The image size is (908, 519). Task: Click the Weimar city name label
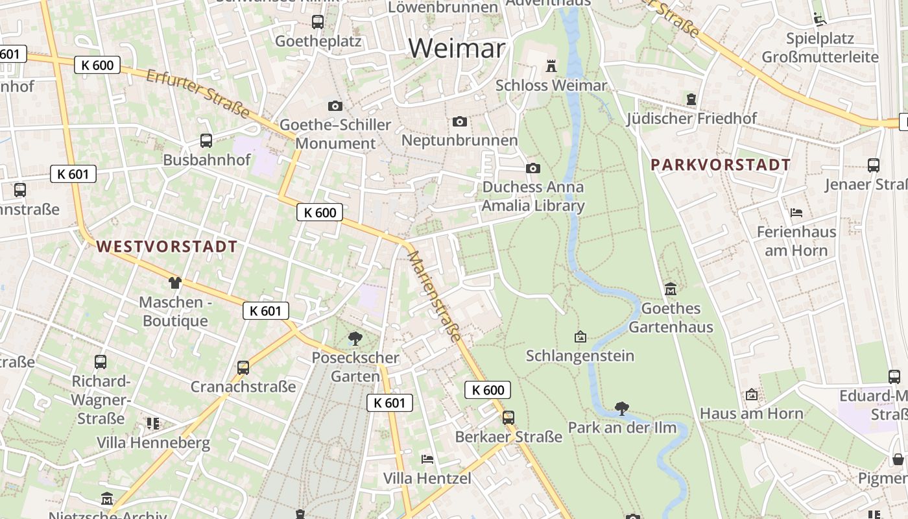[x=457, y=48]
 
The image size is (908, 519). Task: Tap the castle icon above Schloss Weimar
[x=551, y=66]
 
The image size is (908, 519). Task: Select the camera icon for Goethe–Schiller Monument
[x=335, y=106]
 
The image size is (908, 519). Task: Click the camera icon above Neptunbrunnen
[x=460, y=121]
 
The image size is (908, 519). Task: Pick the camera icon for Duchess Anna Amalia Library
[x=533, y=168]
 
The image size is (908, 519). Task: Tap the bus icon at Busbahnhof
[x=206, y=140]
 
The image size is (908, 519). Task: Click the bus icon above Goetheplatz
[x=318, y=22]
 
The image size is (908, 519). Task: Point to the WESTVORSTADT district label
[x=167, y=247]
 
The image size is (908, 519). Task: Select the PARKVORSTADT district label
[x=721, y=165]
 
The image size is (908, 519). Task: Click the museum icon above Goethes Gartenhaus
[x=671, y=289]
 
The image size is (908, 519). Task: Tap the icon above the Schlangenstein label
[x=580, y=337]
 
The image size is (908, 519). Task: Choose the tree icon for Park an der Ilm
[x=622, y=408]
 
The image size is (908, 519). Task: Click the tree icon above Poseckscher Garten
[x=355, y=338]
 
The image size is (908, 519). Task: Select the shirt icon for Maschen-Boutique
[x=175, y=282]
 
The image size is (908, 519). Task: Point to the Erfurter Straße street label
[x=198, y=95]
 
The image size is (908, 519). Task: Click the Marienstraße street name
[x=435, y=296]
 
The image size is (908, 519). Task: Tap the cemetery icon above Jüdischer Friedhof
[x=691, y=99]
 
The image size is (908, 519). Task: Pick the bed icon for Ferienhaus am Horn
[x=796, y=212]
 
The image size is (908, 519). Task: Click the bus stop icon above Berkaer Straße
[x=508, y=417]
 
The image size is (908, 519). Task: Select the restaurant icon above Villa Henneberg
[x=153, y=424]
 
